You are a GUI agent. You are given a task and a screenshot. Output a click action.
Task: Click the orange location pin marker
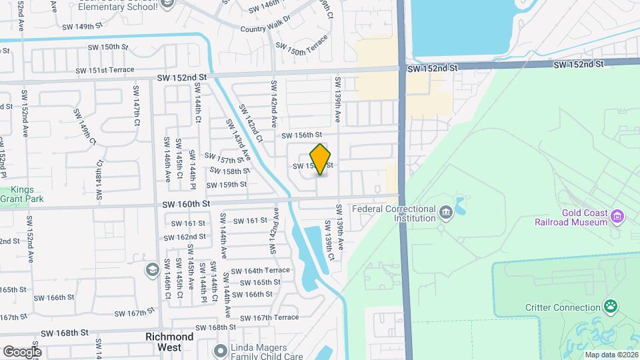[x=321, y=159]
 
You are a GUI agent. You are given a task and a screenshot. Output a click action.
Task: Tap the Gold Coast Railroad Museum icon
[x=617, y=216]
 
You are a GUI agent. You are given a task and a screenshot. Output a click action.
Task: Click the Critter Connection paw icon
[x=610, y=307]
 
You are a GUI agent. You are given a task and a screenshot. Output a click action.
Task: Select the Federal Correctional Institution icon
[x=445, y=213]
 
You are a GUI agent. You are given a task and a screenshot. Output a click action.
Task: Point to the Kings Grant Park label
[x=17, y=194]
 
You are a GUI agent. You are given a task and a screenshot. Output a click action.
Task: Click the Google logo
[x=21, y=351]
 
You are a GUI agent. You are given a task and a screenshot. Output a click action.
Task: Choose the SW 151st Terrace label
[x=104, y=70]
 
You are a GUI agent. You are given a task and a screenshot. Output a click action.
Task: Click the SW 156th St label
[x=306, y=135]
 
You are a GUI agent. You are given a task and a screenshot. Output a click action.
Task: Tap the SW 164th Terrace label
[x=260, y=271]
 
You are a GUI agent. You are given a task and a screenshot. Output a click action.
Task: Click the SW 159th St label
[x=227, y=185]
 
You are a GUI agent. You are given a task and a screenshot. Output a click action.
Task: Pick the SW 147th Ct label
[x=136, y=105]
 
